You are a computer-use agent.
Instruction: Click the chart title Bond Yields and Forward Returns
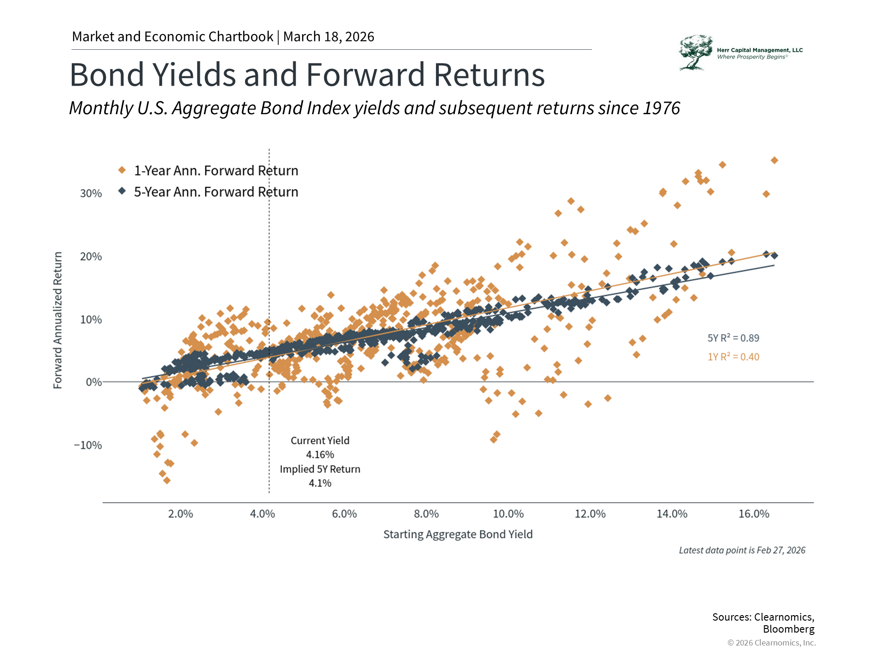(x=307, y=75)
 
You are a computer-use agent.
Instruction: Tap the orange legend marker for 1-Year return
(x=122, y=170)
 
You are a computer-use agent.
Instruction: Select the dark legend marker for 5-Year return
(x=122, y=191)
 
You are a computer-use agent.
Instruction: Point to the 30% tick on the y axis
(x=91, y=193)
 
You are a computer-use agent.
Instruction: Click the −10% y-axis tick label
(x=88, y=445)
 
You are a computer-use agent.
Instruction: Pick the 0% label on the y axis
(x=93, y=382)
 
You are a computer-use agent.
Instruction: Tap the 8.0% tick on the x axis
(x=426, y=514)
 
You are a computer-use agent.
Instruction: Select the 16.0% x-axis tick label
(x=754, y=514)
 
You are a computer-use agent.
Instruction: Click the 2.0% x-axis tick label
(x=180, y=514)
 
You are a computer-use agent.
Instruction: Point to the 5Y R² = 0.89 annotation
(x=733, y=338)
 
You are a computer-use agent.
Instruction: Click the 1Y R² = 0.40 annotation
(x=733, y=357)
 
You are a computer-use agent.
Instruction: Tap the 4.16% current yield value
(x=320, y=455)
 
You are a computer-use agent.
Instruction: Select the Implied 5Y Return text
(x=320, y=469)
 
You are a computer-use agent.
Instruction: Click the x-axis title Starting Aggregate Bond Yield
(x=458, y=535)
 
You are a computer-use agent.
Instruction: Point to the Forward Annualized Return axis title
(x=58, y=320)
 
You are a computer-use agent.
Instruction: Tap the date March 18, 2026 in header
(x=329, y=37)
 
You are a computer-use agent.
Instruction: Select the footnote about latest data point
(x=742, y=550)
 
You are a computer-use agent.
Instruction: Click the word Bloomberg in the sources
(x=788, y=629)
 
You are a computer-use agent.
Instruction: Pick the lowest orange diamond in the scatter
(x=167, y=481)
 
